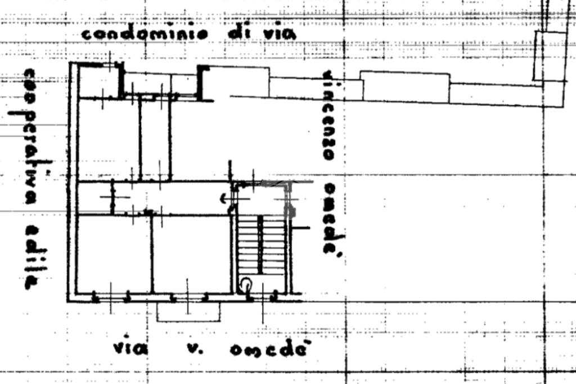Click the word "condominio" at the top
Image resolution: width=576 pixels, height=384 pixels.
click(145, 34)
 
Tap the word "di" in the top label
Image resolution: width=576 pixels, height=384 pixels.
click(237, 33)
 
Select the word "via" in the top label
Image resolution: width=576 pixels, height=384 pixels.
click(279, 34)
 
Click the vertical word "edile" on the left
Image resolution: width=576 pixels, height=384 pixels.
click(31, 256)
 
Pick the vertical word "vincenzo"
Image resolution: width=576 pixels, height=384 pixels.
click(330, 115)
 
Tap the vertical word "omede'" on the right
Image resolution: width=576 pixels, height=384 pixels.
click(332, 218)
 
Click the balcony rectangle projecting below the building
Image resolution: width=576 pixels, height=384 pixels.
click(188, 311)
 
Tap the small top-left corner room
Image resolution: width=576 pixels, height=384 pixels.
click(99, 82)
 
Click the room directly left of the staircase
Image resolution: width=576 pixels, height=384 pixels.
click(191, 253)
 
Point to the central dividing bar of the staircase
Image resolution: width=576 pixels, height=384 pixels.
click(260, 245)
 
